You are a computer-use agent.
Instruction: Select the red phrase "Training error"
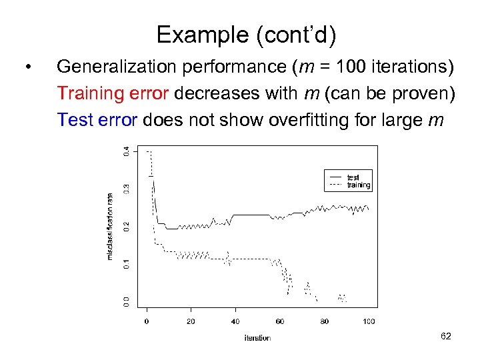[x=113, y=93]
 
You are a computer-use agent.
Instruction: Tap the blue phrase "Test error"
[x=97, y=120]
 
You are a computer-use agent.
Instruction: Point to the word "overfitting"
[x=304, y=120]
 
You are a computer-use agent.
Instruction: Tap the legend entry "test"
[x=353, y=177]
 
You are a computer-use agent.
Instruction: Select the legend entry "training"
[x=359, y=185]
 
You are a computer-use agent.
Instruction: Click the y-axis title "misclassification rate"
[x=110, y=226]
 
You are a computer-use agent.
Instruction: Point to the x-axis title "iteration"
[x=257, y=338]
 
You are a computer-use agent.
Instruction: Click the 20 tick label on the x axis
[x=191, y=321]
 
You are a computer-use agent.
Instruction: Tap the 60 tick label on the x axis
[x=280, y=321]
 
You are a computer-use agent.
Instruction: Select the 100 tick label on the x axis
[x=369, y=321]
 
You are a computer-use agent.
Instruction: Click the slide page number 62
[x=445, y=337]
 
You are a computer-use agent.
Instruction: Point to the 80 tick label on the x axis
[x=324, y=321]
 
